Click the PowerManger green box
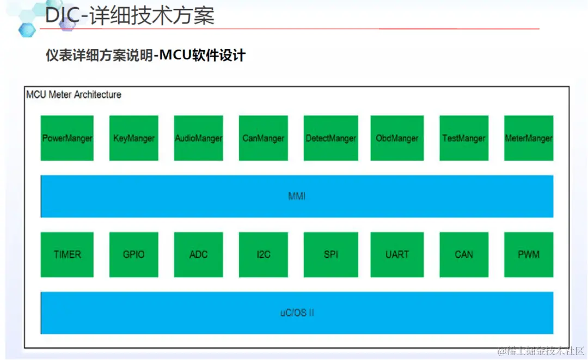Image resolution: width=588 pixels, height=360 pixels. coord(67,138)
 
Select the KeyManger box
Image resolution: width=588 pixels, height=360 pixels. coord(133,138)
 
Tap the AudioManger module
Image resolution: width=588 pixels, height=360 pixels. coord(198,138)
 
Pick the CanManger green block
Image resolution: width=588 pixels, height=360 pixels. coord(263,138)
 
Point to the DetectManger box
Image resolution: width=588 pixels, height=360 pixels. coord(330,138)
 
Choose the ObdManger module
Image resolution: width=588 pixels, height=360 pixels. coord(397,138)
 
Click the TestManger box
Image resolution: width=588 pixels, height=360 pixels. coord(463,138)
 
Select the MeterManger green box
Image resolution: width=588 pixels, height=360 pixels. coord(528,138)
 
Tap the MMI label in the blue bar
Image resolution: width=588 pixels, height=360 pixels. coord(297,196)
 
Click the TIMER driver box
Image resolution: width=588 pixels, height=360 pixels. coord(67,254)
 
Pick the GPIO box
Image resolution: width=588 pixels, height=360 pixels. coord(133,254)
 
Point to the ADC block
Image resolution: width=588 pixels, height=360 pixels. coord(198,254)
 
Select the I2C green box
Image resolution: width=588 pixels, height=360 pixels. coord(263,254)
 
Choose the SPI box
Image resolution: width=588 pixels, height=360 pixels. coord(330,254)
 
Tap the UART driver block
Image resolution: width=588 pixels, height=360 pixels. coord(397,254)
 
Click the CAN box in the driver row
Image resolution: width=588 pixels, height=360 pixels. coord(463,254)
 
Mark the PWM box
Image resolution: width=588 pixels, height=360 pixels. coord(528,254)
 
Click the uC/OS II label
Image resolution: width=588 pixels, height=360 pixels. coord(297,313)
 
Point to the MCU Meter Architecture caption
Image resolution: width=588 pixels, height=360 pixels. coord(73,95)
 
